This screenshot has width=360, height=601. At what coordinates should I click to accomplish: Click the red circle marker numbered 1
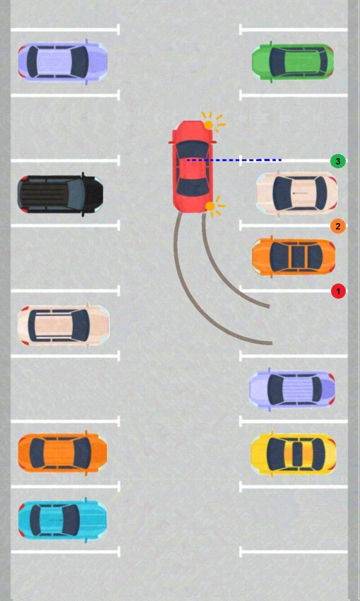[338, 291]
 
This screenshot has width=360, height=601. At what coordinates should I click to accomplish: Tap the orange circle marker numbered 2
[338, 226]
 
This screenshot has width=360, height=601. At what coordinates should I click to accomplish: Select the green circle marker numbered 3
[338, 161]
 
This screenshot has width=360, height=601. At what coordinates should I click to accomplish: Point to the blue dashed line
[234, 160]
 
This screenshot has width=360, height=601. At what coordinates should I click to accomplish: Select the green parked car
[292, 62]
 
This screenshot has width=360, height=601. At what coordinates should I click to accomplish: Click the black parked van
[60, 194]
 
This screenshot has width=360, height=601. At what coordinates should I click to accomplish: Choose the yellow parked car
[293, 453]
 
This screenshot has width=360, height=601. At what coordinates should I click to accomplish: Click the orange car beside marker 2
[294, 257]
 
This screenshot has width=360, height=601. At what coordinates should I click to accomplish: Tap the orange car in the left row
[63, 453]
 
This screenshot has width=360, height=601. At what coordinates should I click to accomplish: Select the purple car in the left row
[63, 62]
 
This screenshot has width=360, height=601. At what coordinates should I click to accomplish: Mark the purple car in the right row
[292, 389]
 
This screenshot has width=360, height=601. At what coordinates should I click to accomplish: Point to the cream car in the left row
[63, 325]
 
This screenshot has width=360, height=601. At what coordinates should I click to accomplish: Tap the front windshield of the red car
[193, 149]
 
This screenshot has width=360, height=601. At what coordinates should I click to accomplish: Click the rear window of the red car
[193, 188]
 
